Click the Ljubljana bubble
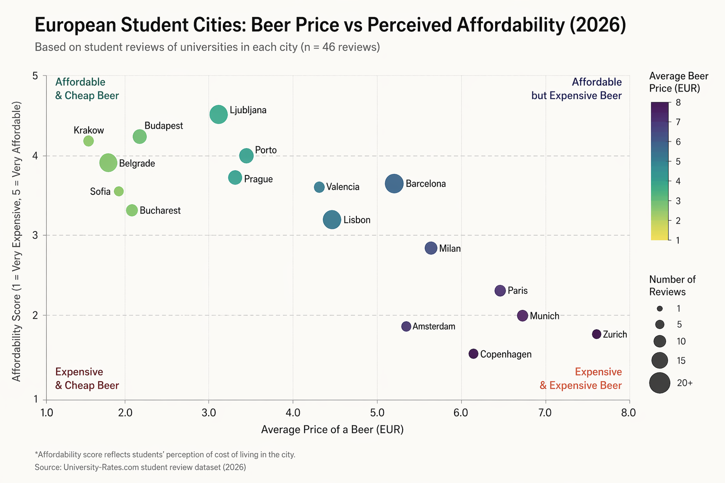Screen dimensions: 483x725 (x=219, y=114)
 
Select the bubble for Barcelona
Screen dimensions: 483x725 (x=394, y=183)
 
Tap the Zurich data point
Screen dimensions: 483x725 (x=597, y=334)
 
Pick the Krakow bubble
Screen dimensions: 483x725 (x=88, y=141)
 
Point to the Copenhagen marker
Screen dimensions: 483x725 (x=473, y=354)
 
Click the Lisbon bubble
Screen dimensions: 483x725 (x=332, y=220)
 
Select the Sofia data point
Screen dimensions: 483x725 (x=119, y=191)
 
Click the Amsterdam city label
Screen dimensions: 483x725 (x=434, y=326)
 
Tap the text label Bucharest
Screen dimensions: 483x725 (x=160, y=210)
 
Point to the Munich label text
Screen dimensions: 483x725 (x=544, y=316)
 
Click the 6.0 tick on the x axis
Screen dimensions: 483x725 (x=461, y=413)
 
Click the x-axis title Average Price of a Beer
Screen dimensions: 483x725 (x=332, y=429)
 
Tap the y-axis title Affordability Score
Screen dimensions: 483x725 (x=17, y=241)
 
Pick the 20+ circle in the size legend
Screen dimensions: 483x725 (x=659, y=383)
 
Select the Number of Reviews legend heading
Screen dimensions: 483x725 (x=672, y=285)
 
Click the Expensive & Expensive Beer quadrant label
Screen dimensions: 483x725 (x=581, y=379)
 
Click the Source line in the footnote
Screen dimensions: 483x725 (x=140, y=467)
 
